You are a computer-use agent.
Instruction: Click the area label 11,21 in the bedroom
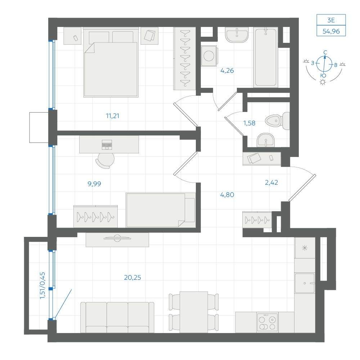point(112,116)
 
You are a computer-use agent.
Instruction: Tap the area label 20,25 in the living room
point(132,278)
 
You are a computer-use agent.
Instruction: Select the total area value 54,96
point(331,31)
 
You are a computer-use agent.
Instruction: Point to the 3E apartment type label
point(331,20)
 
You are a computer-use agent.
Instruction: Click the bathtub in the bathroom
point(266,57)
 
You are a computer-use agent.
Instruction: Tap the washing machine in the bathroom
point(209,56)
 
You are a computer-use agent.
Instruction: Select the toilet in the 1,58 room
point(277,121)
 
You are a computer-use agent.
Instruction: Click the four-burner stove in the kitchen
point(267,322)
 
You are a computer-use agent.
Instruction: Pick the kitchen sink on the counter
point(305,283)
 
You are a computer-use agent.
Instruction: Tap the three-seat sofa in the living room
point(117,317)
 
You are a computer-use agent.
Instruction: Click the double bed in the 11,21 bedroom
point(111,62)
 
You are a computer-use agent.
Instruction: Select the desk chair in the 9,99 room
point(105,161)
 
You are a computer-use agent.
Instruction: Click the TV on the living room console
point(117,238)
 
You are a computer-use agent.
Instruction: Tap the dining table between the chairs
point(194,312)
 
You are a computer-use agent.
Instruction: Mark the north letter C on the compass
point(325,53)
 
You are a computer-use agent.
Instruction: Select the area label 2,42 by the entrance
point(271,183)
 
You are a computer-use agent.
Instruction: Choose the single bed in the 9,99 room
point(161,210)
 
